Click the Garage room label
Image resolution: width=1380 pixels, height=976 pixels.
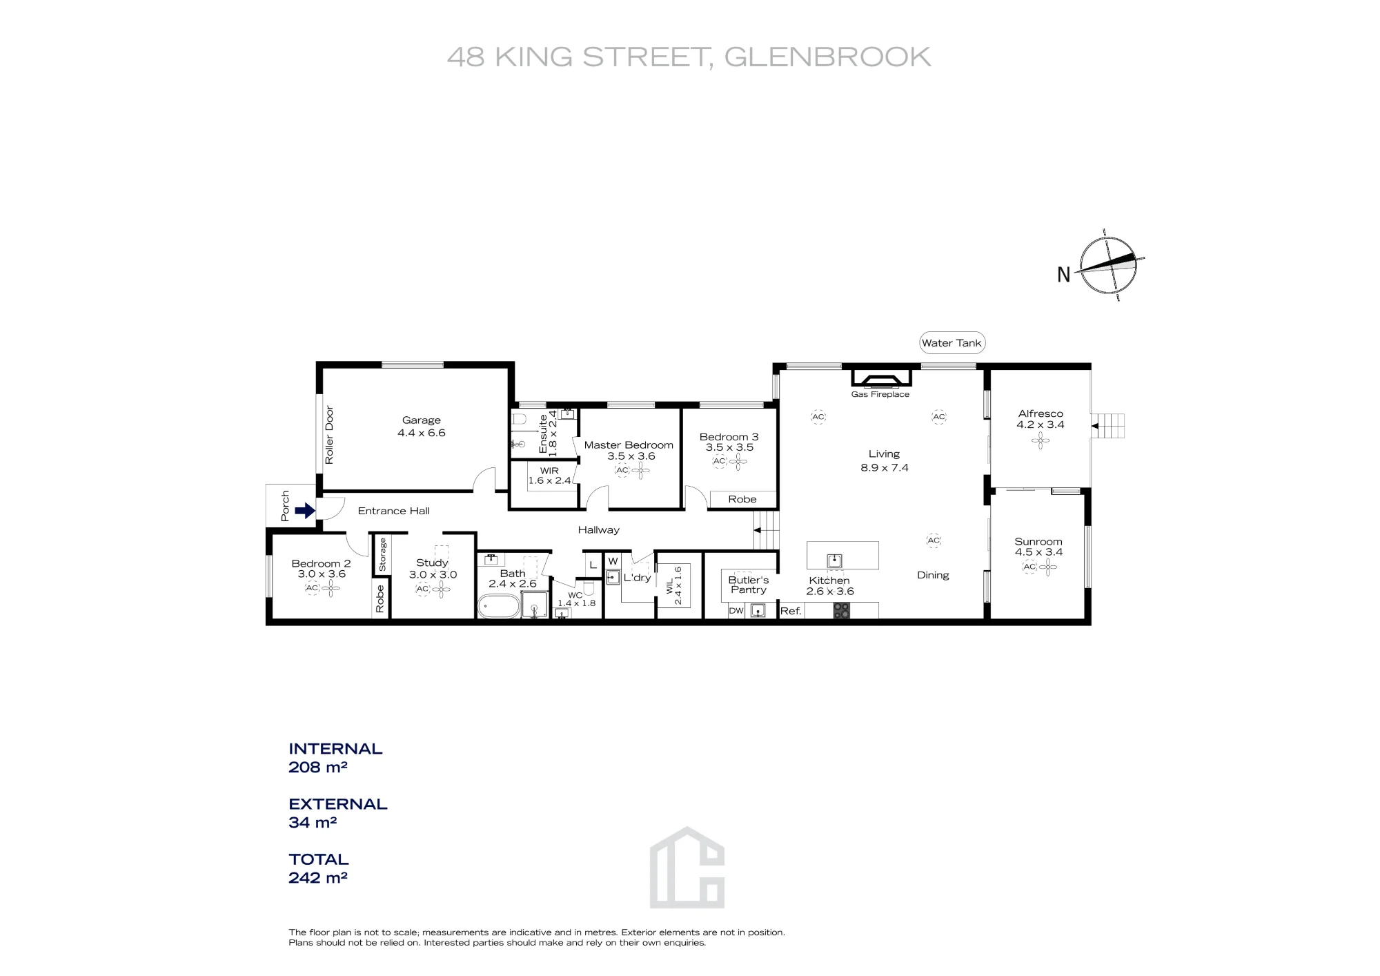pos(421,420)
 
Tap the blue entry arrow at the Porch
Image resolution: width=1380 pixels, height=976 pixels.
pos(305,511)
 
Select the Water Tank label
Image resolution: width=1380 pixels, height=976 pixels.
pos(952,343)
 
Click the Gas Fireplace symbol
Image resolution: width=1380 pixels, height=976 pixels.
pos(881,378)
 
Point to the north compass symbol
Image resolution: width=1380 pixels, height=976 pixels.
pos(1108,265)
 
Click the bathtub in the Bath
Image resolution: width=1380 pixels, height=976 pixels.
pos(499,607)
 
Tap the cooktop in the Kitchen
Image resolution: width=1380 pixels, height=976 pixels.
pos(841,610)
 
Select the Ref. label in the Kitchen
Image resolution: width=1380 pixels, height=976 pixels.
pos(791,611)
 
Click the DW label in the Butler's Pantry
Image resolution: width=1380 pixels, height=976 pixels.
pos(736,611)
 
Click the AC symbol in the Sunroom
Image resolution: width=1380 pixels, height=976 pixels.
pos(1029,567)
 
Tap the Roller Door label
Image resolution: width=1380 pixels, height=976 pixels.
pos(329,435)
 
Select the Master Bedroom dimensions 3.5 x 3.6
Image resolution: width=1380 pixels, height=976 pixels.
pos(631,456)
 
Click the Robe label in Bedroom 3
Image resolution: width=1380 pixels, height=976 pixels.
pos(742,499)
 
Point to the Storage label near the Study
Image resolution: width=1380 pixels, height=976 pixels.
pos(383,555)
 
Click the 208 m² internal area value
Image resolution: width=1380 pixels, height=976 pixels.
pos(317,767)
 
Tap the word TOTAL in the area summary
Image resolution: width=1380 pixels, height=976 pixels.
pos(319,859)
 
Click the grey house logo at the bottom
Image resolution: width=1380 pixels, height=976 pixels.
pos(687,867)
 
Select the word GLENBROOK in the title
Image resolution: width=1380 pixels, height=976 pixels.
pos(827,57)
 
